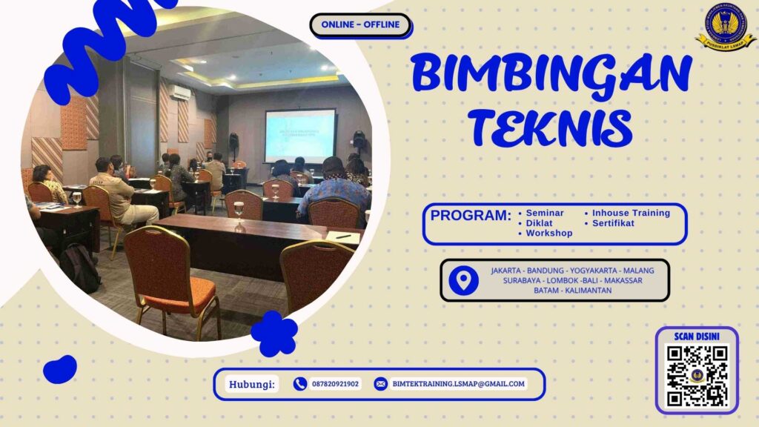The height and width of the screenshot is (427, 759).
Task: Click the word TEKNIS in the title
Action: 551,127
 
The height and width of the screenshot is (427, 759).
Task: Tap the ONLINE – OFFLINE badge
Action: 360,24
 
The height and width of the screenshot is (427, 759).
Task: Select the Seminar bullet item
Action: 545,213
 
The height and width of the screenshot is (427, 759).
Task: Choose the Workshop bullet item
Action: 548,234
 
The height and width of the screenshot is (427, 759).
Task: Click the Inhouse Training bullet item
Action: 630,213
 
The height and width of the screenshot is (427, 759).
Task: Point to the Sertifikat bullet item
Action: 613,223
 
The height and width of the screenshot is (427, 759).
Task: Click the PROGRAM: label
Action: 471,216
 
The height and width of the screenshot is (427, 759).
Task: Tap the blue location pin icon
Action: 464,280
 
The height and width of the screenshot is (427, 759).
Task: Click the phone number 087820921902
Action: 335,384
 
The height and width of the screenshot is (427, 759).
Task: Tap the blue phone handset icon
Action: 300,384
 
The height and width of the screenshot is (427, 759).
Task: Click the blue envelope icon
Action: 380,384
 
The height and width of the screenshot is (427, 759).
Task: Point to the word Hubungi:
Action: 251,384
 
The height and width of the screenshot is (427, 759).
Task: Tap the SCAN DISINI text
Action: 697,337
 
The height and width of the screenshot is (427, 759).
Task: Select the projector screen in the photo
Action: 300,135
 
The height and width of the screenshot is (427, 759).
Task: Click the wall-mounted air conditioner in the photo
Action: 180,92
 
